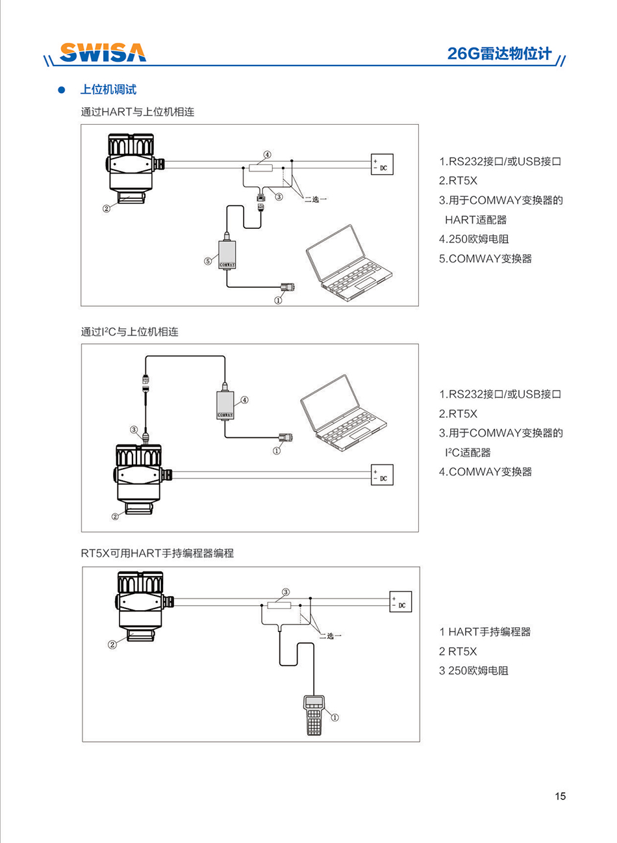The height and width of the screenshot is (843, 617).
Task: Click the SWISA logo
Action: click(x=103, y=53)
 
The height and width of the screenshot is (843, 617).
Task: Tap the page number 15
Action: click(x=560, y=796)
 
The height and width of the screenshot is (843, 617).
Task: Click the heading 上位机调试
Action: click(x=108, y=90)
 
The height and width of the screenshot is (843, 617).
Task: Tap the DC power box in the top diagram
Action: click(x=382, y=164)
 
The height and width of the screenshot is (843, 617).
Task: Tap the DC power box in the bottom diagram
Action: click(x=400, y=602)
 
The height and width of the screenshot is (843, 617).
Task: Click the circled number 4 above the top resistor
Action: click(x=267, y=155)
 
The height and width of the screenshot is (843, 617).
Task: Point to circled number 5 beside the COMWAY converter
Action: click(x=208, y=261)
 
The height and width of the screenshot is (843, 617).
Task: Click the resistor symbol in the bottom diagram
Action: click(x=279, y=605)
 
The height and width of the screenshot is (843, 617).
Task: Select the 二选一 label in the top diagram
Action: click(x=316, y=199)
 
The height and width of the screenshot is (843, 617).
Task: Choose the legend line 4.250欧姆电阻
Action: click(x=473, y=239)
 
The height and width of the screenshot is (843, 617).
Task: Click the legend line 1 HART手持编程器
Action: click(x=485, y=632)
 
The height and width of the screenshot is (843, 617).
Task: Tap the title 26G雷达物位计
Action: click(x=499, y=54)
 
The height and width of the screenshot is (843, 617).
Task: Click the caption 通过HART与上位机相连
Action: click(x=138, y=112)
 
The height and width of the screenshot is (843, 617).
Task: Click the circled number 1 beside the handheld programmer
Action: click(x=335, y=718)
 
